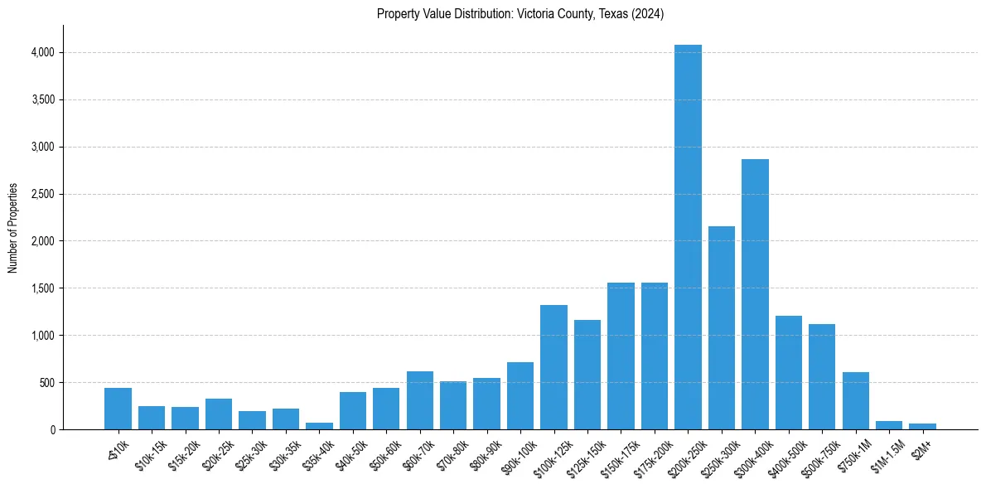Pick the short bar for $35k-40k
click(x=319, y=426)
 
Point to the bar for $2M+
click(x=922, y=427)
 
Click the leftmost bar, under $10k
click(x=118, y=409)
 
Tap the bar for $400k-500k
click(x=789, y=372)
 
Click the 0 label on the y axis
click(x=52, y=429)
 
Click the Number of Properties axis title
click(x=13, y=227)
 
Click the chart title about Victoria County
click(x=520, y=13)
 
